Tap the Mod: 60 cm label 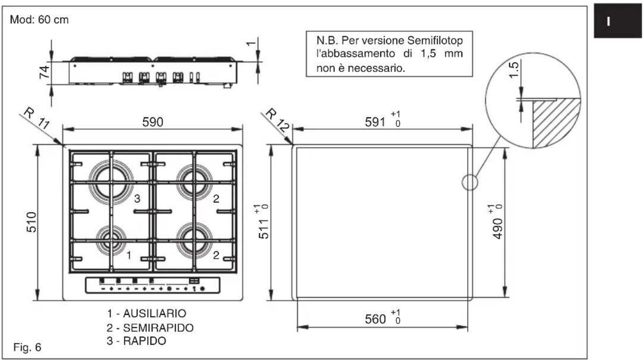click(x=39, y=21)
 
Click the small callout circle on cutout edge click(x=469, y=183)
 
